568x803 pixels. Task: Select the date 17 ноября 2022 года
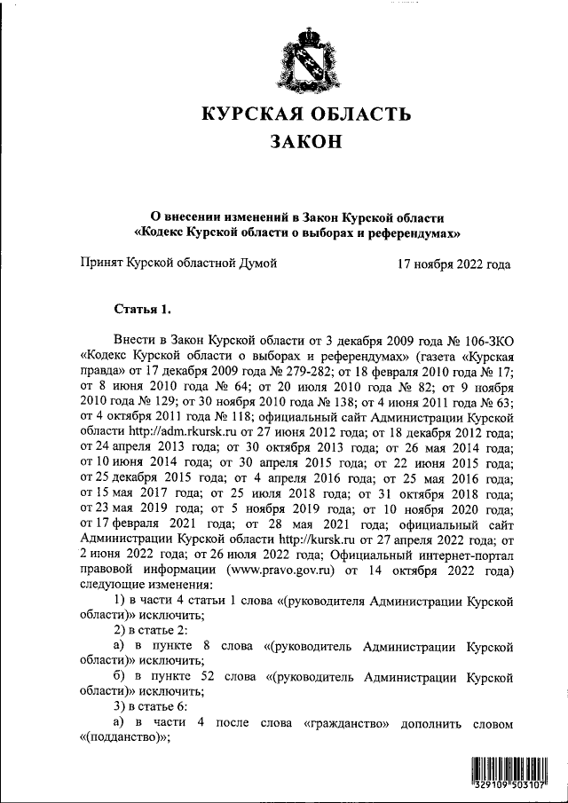454,264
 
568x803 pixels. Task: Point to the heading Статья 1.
142,309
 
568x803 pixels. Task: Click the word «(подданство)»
122,739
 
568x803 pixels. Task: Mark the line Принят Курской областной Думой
178,264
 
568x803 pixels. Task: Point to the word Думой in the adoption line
256,264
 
